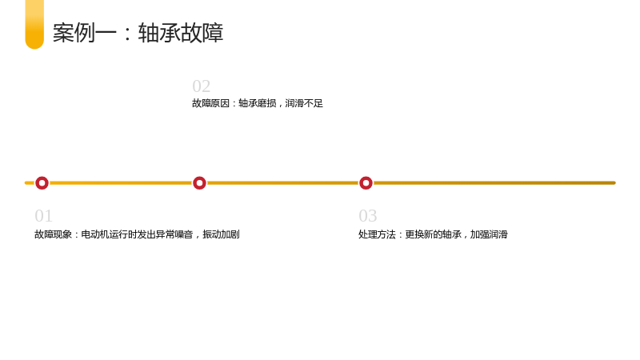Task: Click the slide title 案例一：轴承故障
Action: [138, 33]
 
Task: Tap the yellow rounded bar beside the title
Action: [34, 25]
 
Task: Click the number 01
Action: [44, 215]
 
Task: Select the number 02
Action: [202, 86]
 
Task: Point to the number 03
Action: [368, 215]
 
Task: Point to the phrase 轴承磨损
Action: [257, 103]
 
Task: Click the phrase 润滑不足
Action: [304, 103]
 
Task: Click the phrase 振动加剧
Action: [221, 234]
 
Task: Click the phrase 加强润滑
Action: [489, 234]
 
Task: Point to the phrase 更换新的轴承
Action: [433, 234]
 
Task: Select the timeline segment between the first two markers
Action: [121, 183]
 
